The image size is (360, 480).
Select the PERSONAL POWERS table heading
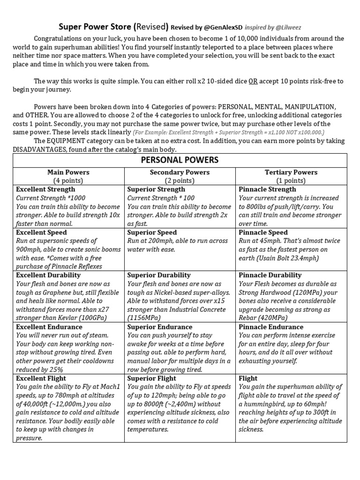[180, 160]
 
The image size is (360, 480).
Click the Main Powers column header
[68, 172]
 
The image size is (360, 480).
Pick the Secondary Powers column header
[180, 172]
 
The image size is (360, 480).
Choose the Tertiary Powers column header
[291, 172]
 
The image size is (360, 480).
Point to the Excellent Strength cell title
[45, 189]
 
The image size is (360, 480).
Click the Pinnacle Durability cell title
[270, 275]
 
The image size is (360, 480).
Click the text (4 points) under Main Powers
[68, 180]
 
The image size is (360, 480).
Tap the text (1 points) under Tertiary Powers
[291, 180]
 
